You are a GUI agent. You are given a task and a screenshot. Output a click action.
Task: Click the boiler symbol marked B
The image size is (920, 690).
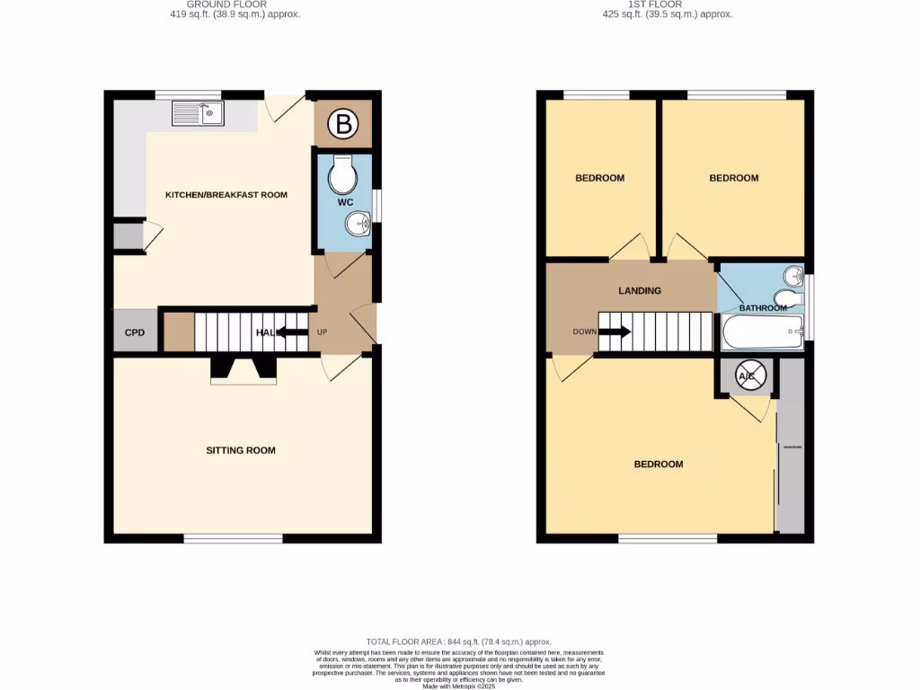point(342,125)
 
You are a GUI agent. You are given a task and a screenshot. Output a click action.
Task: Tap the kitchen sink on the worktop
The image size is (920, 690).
point(199,113)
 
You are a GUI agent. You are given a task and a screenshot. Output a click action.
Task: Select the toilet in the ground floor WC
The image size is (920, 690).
point(342,174)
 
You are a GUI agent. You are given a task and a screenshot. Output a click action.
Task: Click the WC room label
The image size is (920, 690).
point(345,203)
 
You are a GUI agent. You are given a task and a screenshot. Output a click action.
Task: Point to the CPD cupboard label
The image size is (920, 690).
point(134,332)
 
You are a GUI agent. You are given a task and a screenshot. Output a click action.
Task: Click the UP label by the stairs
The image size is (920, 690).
point(323,332)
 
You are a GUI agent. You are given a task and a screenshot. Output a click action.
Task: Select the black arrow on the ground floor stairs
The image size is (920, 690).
point(292,332)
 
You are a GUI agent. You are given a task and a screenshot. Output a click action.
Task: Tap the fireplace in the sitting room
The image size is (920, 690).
point(243,370)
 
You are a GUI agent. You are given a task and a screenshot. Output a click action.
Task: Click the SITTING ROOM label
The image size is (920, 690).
point(241,450)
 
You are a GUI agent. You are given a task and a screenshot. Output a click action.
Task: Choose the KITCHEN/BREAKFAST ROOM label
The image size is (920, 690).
point(226,194)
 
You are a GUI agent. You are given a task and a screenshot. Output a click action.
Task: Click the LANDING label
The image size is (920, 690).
point(640,290)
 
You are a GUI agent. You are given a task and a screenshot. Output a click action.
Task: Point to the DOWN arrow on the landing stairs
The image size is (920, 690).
point(614,332)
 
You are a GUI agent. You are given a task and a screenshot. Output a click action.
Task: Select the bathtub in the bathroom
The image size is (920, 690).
point(763,332)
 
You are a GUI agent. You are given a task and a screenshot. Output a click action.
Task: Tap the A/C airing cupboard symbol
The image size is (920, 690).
point(747,377)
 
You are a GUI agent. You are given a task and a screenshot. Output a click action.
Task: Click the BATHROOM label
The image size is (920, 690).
point(763,308)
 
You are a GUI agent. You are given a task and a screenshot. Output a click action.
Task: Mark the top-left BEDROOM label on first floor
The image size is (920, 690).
point(599,178)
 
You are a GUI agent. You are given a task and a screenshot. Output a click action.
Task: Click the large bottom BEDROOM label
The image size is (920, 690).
point(659,464)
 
